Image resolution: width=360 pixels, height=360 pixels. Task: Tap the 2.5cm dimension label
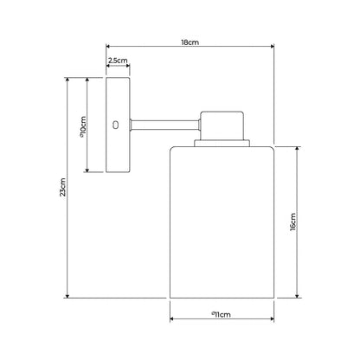coord(118,61)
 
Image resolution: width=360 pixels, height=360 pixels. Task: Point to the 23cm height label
coord(61,189)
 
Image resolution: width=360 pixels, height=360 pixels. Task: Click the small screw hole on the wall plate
coord(117,125)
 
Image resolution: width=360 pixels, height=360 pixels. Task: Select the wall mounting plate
coord(118,125)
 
